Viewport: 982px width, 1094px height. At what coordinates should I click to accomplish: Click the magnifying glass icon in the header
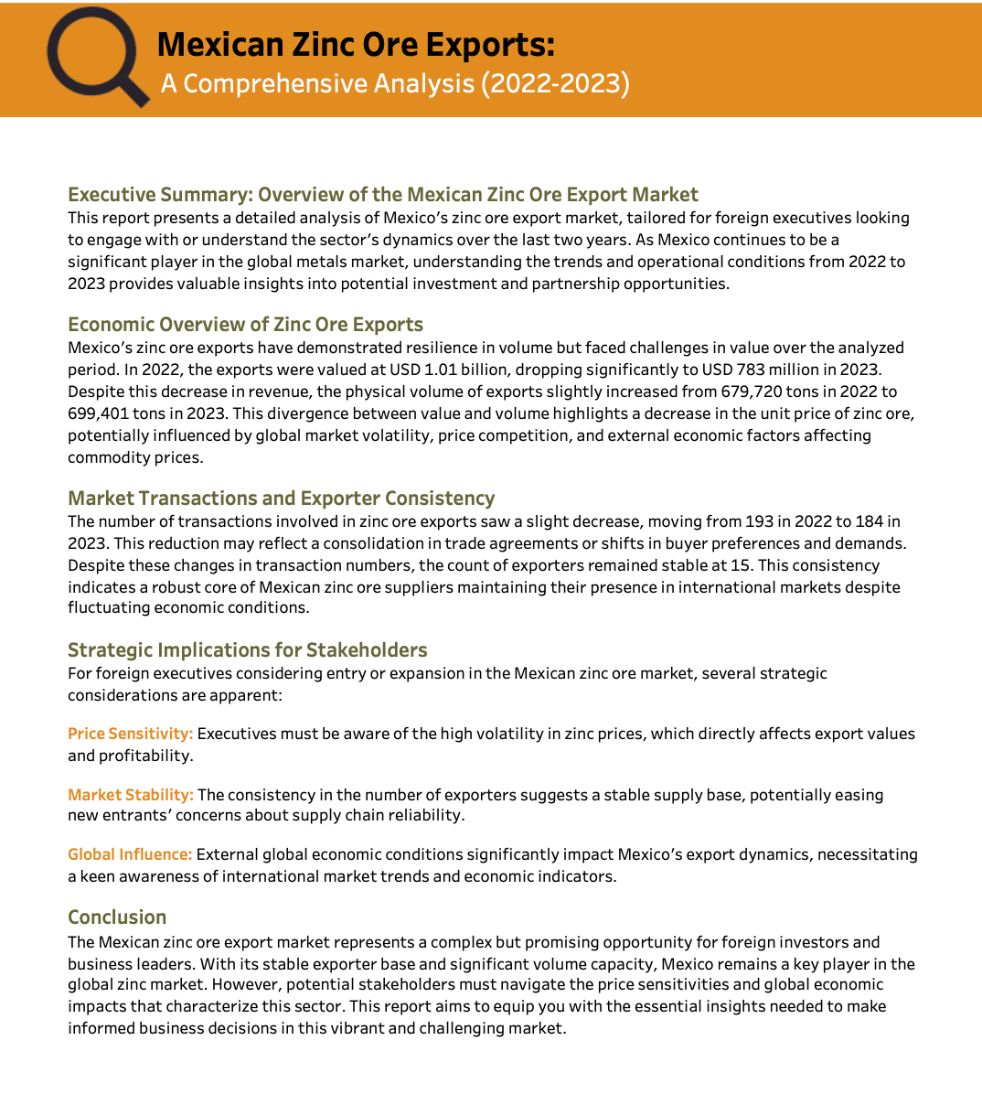tap(95, 57)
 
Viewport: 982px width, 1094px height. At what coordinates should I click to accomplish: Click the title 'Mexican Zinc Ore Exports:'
tap(356, 45)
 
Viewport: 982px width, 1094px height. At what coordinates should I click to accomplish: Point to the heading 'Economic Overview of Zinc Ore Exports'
tap(245, 325)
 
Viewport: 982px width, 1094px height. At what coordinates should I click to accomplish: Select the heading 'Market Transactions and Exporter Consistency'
tap(281, 499)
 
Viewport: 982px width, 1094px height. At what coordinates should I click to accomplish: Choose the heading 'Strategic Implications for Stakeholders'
tap(247, 650)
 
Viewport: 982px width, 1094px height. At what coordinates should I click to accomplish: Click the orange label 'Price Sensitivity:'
tap(130, 734)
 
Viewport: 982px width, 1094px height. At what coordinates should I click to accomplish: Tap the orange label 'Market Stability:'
tap(130, 795)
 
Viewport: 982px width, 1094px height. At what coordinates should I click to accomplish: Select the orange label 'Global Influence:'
tap(129, 854)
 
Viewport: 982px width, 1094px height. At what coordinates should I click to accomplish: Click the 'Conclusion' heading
tap(117, 917)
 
